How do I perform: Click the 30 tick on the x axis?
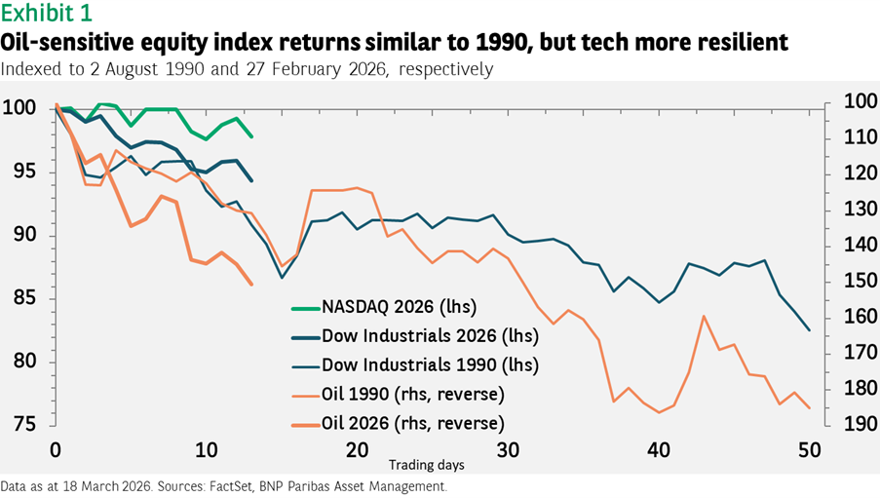[x=507, y=451]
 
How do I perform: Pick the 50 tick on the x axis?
[x=809, y=451]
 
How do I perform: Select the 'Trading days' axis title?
[x=427, y=465]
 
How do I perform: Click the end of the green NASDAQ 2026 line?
[x=251, y=136]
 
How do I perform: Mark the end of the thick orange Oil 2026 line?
[x=251, y=284]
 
